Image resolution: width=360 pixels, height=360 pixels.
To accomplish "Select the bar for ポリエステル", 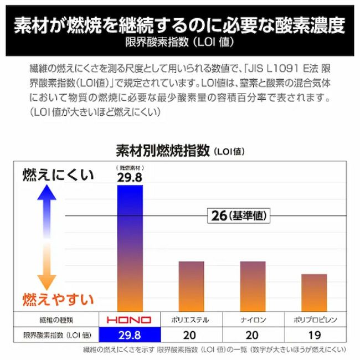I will pos(191,285).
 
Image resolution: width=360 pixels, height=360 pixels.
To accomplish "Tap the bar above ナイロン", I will pos(253,285).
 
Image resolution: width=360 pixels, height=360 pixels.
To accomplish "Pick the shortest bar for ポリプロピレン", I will pos(314,292).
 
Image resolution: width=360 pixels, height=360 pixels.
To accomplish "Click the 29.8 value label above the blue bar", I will pos(130,177).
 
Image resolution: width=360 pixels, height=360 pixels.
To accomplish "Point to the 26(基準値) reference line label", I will pos(239,215).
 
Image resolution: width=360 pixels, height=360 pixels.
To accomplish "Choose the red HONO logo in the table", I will pos(130,320).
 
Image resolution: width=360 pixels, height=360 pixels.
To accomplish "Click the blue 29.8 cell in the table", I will pos(130,335).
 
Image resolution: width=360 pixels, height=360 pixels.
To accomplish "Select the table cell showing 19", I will pos(315,335).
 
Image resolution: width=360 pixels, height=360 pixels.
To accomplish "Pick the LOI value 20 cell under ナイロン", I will pos(253,335).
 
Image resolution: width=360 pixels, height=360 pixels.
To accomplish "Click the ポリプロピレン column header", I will pos(315,320).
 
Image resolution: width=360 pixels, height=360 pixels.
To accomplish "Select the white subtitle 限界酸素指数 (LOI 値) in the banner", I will pos(179,42).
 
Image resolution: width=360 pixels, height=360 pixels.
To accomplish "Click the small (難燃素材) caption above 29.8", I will pos(130,167).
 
